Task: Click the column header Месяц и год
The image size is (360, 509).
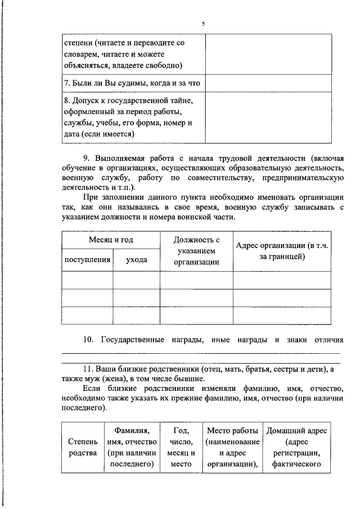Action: pos(110,240)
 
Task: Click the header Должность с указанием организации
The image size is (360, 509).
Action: pos(196,251)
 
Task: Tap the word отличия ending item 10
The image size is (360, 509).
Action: pos(326,340)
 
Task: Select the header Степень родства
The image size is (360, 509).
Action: pos(82,448)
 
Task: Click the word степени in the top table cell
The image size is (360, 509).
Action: pos(78,43)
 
